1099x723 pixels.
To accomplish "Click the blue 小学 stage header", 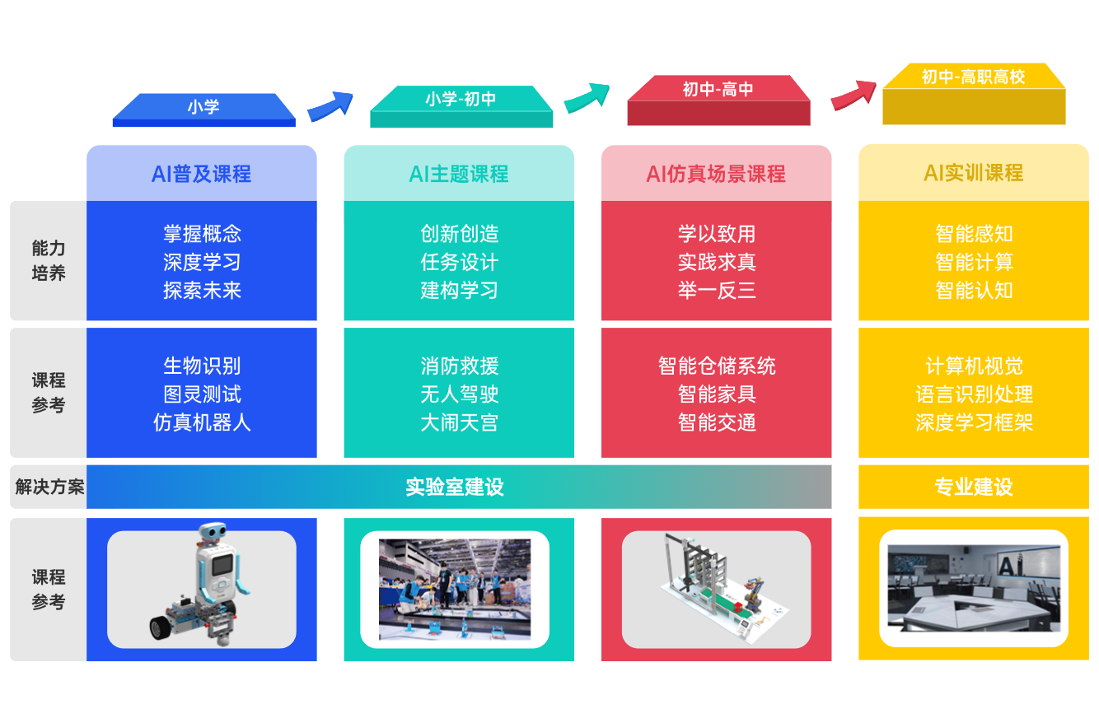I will click(203, 107).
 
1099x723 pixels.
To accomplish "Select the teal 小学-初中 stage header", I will click(461, 100).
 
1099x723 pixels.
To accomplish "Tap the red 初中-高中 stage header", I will click(718, 90).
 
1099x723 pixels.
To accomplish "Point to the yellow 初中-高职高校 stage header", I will click(973, 77).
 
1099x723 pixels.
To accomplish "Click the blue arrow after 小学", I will click(330, 106).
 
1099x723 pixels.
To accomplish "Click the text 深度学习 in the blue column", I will click(202, 263).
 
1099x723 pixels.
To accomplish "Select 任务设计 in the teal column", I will click(459, 263).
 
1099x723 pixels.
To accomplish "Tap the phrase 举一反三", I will click(716, 291).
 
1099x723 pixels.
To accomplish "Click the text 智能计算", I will click(974, 263).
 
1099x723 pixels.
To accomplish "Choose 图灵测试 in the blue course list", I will click(202, 394).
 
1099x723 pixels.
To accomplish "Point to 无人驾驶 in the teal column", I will click(459, 394).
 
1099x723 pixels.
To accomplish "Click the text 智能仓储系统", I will click(716, 366).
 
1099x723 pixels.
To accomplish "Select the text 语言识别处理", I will click(974, 394).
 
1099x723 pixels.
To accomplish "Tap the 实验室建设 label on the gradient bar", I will click(454, 487).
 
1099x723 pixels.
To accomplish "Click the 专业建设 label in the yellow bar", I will click(974, 487).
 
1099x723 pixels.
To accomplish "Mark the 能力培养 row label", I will click(49, 260).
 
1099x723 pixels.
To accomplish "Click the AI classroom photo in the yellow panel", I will click(974, 589).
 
